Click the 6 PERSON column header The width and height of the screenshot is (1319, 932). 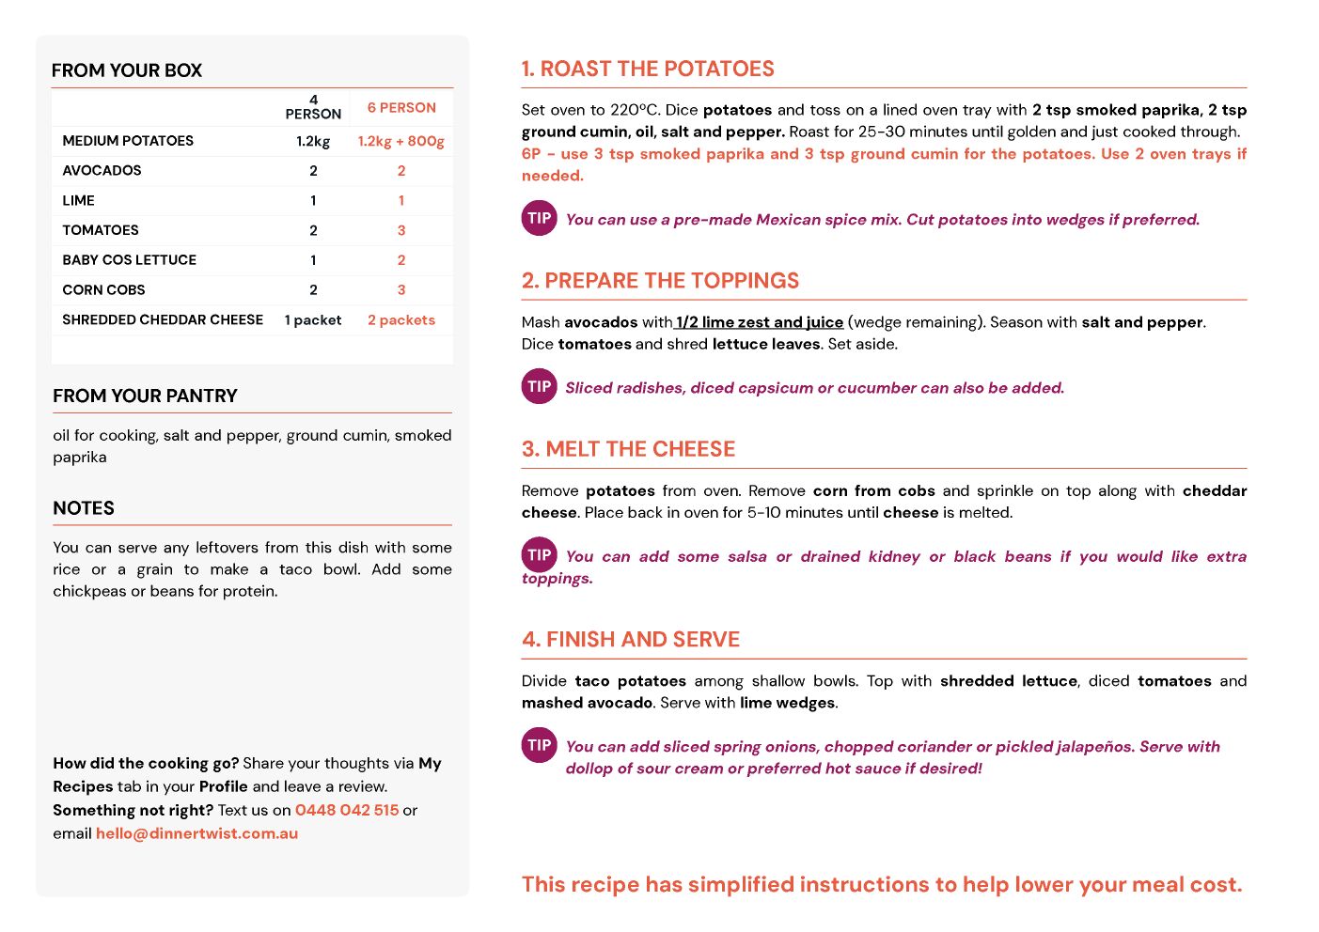click(401, 108)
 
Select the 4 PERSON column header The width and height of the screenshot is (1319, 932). click(313, 107)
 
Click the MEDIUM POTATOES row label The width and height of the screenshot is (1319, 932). click(128, 141)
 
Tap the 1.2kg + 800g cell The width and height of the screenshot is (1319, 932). click(401, 141)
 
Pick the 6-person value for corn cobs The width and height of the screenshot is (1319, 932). click(401, 290)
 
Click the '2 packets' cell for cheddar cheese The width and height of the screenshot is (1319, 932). click(401, 320)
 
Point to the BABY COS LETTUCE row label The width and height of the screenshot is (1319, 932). click(130, 260)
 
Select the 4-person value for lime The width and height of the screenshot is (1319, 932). click(313, 201)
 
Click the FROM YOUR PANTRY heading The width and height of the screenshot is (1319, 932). click(145, 396)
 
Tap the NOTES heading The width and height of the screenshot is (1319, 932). click(84, 508)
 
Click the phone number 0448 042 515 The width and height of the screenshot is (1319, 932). click(347, 810)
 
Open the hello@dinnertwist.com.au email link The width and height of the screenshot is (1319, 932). click(196, 833)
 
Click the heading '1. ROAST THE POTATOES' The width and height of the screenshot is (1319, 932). click(648, 70)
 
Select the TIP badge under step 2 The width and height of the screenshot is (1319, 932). click(540, 386)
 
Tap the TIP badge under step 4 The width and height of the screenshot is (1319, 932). click(540, 745)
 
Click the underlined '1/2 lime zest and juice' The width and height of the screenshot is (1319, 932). click(760, 322)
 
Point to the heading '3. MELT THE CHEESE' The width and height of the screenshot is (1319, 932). click(628, 449)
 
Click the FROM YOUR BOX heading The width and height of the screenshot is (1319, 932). click(127, 70)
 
